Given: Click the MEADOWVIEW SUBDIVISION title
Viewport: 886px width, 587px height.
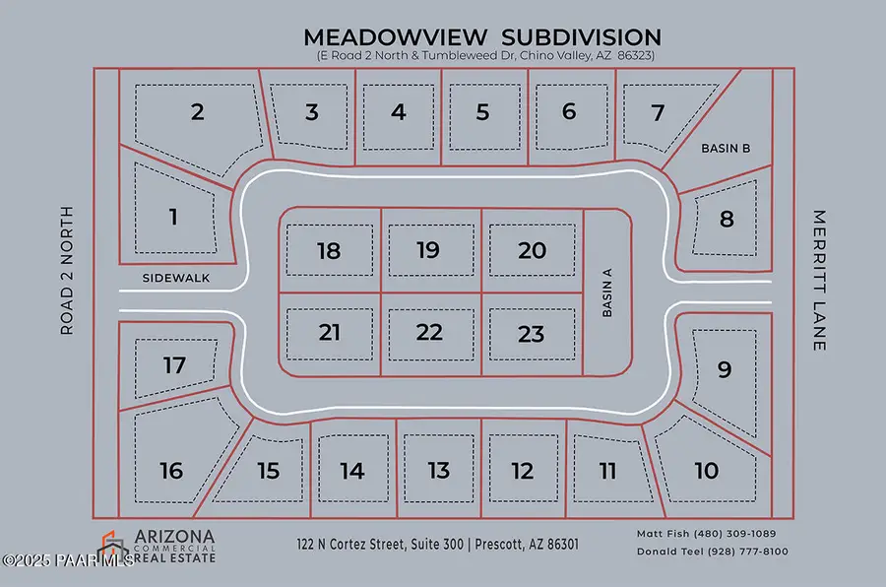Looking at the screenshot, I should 482,36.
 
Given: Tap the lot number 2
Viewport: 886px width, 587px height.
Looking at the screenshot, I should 197,112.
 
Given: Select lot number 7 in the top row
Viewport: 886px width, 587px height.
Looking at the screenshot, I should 659,112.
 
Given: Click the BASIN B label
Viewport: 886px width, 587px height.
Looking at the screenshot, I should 726,148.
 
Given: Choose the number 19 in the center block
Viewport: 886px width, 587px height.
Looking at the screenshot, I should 427,250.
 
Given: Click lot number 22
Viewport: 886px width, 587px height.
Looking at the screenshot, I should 429,332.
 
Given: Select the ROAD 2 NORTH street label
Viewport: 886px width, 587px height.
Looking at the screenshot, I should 67,270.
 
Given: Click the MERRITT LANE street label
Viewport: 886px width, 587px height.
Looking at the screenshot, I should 819,281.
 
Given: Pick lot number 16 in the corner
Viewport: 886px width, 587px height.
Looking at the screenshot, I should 171,471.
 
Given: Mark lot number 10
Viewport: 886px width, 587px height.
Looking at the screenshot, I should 706,471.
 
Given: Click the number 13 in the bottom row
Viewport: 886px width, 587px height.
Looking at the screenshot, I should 439,470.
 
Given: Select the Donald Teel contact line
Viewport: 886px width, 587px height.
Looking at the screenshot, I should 712,552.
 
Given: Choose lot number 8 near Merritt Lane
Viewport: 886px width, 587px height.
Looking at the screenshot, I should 727,219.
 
